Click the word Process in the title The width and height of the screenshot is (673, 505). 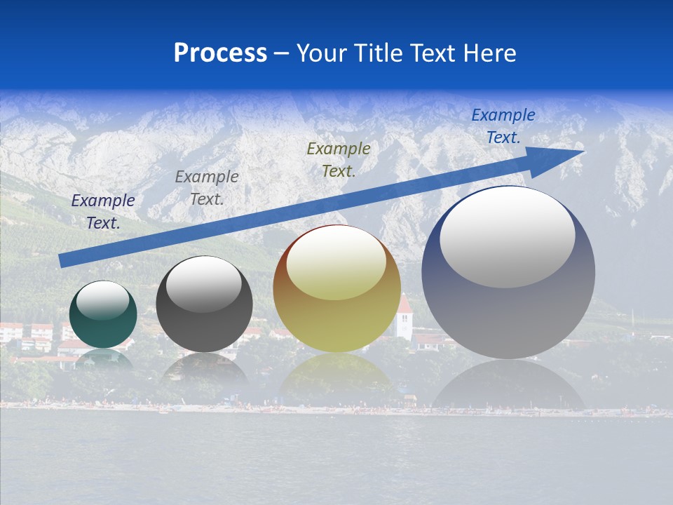coord(220,53)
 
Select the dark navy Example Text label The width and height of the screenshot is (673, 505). coord(103,212)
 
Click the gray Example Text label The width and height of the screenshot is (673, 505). coord(207,188)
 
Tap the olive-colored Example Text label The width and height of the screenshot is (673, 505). coord(339,160)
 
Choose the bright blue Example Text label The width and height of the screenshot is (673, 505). coord(503,126)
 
